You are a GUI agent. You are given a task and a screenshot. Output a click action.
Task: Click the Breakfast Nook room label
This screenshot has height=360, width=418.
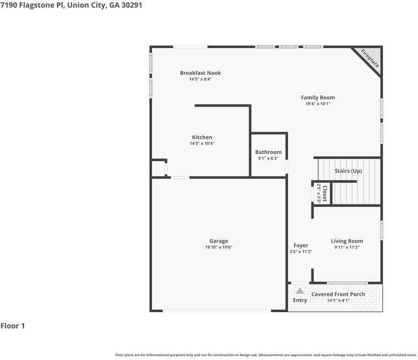coord(200,73)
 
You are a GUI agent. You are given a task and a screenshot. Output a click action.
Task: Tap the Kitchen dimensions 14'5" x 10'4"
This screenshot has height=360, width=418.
coord(202,143)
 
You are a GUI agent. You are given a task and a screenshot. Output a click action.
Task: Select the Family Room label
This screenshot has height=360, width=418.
coord(318,97)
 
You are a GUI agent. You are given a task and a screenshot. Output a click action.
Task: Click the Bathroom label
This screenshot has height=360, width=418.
coord(268,152)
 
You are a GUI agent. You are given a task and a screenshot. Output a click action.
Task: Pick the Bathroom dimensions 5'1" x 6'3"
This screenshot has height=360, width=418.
coord(268,158)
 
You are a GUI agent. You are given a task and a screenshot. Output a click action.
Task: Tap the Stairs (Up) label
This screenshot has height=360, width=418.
coord(348,171)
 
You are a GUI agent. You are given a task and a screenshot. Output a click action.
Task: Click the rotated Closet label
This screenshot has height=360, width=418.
coord(324,193)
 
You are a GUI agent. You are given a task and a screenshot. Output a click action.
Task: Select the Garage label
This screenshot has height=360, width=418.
coord(218,241)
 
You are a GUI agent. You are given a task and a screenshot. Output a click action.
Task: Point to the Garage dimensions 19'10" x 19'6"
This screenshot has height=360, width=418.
coord(218,247)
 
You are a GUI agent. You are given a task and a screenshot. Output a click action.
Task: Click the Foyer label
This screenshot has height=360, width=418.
coord(301,246)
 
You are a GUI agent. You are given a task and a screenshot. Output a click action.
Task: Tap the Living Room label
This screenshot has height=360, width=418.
coord(347,241)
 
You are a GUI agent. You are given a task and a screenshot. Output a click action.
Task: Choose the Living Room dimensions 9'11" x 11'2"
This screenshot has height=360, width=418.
coord(347,247)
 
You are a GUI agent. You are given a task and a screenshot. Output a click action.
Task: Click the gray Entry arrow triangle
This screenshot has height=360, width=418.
coord(300,291)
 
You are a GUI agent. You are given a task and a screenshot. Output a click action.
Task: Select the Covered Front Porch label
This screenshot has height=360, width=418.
coord(338,294)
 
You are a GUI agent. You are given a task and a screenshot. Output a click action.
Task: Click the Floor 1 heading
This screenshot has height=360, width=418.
coord(13,325)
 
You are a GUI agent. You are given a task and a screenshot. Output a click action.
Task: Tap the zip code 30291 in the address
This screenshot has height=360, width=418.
coord(131,5)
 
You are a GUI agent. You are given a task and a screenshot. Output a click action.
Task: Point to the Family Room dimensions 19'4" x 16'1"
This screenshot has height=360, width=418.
coord(318,104)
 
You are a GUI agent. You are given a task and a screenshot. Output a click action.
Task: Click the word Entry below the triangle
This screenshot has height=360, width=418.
coord(300,300)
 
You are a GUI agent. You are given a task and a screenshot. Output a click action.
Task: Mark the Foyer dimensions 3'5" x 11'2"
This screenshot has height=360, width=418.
coord(301,252)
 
